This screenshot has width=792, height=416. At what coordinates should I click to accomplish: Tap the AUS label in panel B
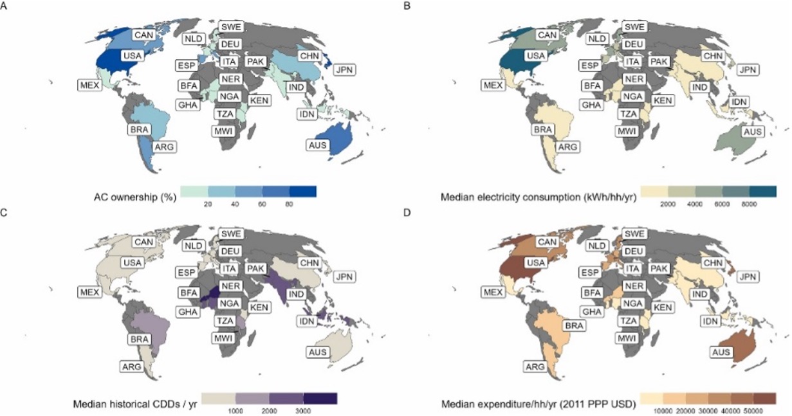tap(750, 132)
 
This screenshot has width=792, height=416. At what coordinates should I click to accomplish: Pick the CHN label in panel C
tap(310, 264)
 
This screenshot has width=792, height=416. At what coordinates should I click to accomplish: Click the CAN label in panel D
tap(546, 242)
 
